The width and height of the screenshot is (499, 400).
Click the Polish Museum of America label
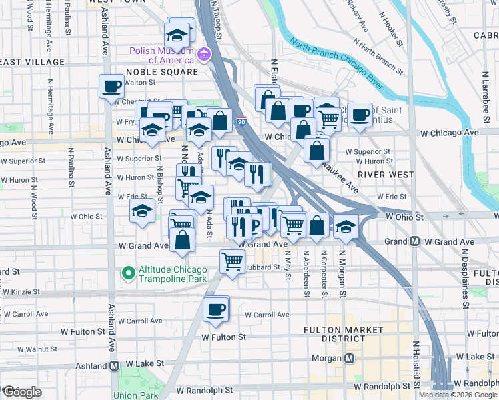click(x=162, y=55)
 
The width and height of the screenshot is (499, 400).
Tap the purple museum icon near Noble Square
click(x=204, y=54)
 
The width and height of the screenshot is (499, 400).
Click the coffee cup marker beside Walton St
click(x=112, y=86)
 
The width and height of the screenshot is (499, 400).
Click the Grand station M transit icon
click(x=414, y=241)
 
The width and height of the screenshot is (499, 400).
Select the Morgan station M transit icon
click(x=348, y=359)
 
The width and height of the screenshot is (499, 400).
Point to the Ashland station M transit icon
click(x=114, y=365)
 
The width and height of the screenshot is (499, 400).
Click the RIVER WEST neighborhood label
click(x=382, y=174)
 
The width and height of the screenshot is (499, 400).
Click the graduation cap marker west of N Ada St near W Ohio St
click(x=141, y=213)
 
